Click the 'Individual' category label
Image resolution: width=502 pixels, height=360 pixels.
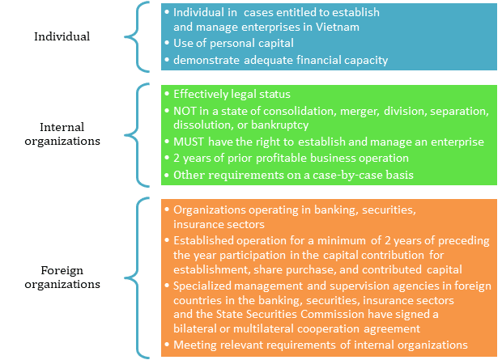62,36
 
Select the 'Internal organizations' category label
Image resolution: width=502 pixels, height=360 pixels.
62,134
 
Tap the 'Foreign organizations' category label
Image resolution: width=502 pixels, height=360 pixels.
62,277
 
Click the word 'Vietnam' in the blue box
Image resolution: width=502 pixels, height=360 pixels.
338,27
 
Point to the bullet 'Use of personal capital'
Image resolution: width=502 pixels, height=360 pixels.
233,43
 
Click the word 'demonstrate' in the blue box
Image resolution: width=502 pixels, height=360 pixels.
206,60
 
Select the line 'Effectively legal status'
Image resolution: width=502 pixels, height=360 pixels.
232,94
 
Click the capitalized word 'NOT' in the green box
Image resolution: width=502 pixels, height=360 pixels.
185,111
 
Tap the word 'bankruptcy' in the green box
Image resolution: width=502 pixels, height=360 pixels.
279,125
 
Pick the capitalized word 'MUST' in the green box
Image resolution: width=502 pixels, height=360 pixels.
188,142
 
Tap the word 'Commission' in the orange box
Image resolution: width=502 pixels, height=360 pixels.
332,314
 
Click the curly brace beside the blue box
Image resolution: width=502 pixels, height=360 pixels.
138,36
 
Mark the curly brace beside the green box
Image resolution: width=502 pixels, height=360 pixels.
138,135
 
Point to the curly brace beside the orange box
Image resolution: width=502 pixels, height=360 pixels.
138,277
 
